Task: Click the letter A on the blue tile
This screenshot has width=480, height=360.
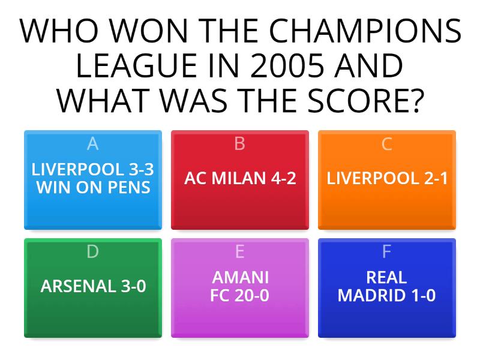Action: tap(92, 144)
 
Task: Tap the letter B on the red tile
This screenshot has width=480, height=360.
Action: tap(240, 144)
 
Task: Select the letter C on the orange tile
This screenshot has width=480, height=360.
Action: tap(387, 144)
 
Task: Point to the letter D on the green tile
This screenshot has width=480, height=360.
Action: tap(92, 252)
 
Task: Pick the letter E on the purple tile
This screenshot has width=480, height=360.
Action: tap(240, 252)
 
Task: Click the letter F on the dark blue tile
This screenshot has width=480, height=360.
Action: tap(387, 252)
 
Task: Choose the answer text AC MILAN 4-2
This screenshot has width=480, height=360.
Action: tap(240, 178)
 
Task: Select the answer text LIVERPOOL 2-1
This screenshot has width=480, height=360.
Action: tap(387, 178)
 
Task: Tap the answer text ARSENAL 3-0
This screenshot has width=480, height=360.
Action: tap(93, 286)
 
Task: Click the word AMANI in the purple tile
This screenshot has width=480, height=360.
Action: tap(240, 278)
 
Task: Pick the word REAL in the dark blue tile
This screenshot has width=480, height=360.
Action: tap(387, 278)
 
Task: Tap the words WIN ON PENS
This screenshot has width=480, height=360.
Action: tap(93, 187)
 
